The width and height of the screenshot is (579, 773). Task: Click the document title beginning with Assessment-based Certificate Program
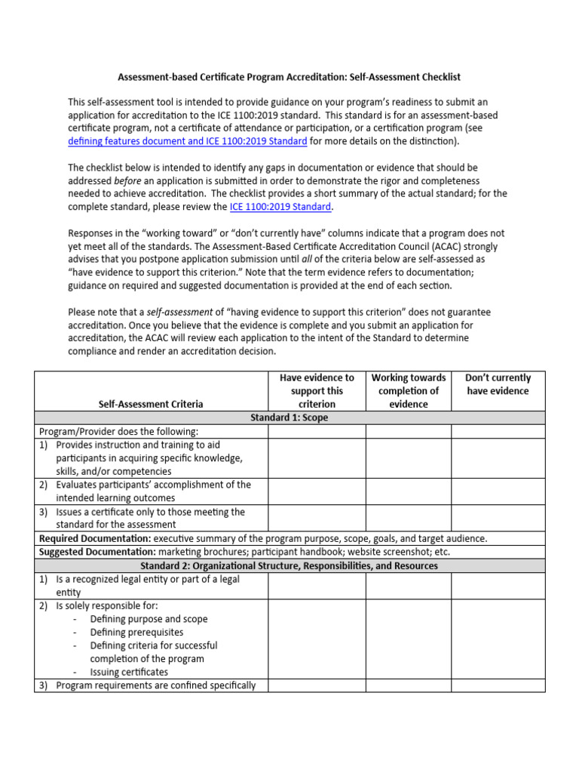click(289, 77)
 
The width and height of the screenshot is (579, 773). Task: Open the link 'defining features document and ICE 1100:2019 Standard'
click(187, 141)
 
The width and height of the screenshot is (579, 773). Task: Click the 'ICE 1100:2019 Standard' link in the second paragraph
click(280, 207)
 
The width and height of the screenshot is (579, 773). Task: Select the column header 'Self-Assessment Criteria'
click(151, 404)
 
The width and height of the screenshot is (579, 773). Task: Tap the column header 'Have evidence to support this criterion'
click(317, 390)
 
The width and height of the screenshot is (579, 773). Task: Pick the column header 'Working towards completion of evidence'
click(409, 390)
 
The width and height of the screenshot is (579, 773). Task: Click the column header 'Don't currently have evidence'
click(498, 384)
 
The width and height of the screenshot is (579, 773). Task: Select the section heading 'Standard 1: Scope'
click(289, 417)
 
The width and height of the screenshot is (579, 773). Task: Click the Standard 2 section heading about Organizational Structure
click(289, 565)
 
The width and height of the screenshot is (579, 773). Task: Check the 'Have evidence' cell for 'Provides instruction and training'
click(317, 458)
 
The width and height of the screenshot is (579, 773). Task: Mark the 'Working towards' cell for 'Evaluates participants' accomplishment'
click(409, 491)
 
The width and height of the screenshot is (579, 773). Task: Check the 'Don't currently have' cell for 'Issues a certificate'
click(498, 519)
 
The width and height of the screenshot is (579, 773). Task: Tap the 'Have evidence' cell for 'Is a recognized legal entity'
click(317, 586)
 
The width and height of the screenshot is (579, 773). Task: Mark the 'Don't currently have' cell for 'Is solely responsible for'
click(498, 639)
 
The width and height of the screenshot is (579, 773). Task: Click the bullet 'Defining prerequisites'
click(136, 633)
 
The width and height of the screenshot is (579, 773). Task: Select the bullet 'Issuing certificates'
click(129, 672)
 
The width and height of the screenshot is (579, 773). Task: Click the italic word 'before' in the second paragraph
click(127, 180)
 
